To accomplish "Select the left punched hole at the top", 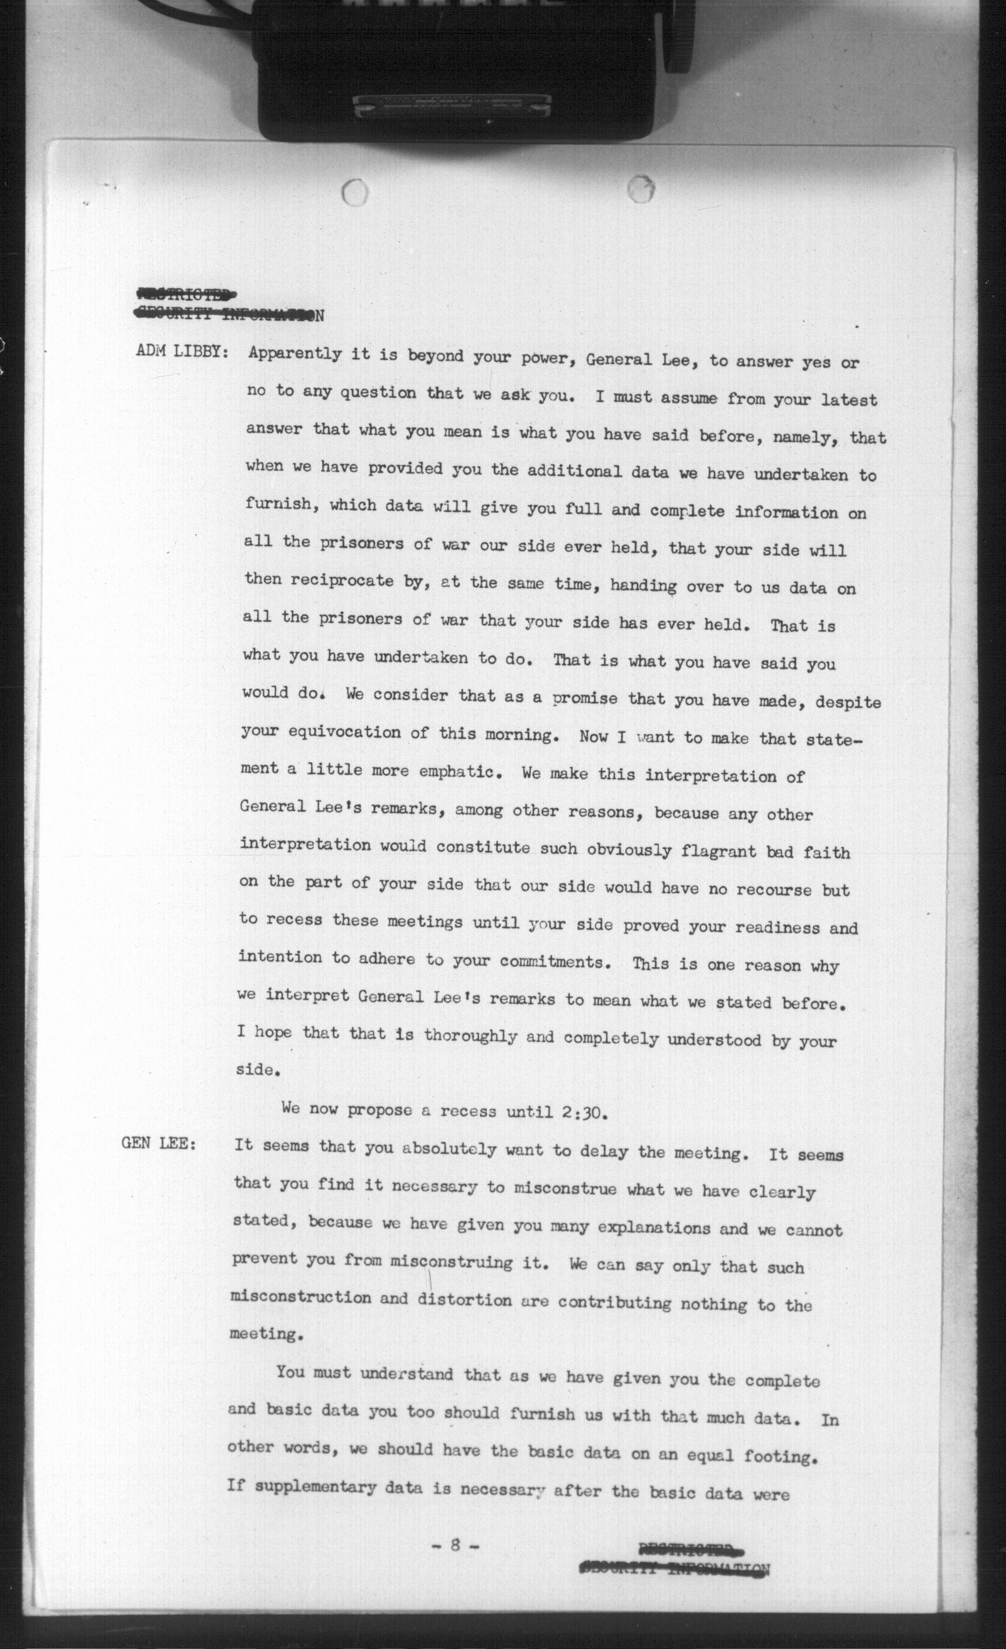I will click(355, 193).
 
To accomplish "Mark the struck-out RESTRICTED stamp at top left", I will click(186, 293).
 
